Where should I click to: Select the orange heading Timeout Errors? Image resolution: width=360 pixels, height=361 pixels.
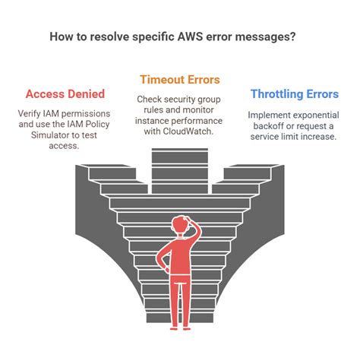click(180, 79)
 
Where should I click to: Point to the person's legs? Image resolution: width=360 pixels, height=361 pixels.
click(180, 304)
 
